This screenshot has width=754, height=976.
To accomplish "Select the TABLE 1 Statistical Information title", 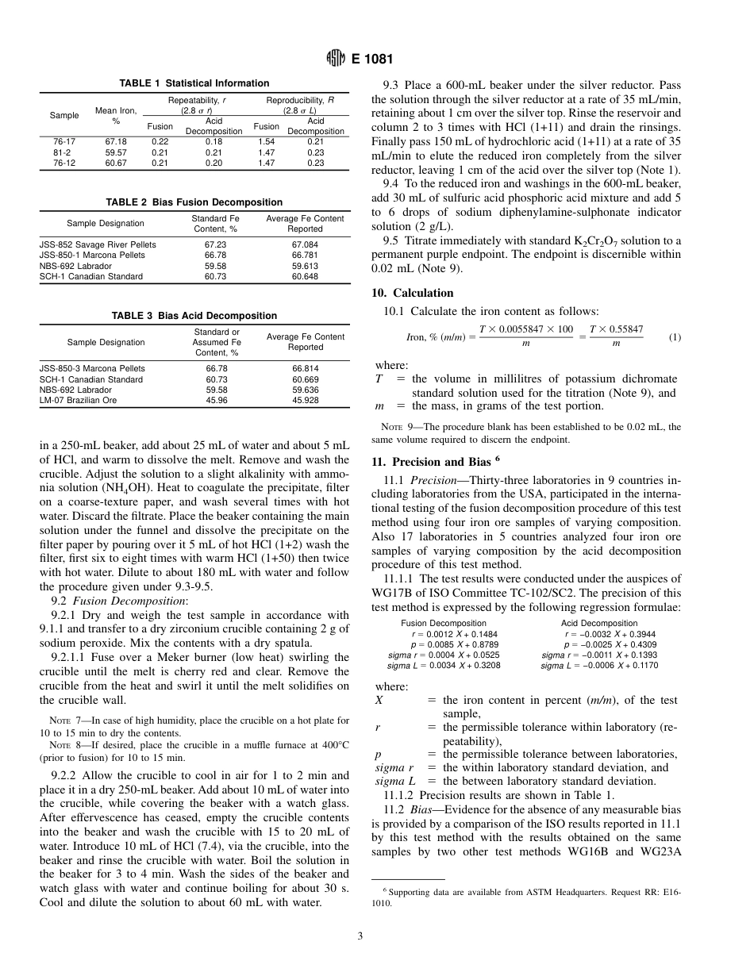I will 194,83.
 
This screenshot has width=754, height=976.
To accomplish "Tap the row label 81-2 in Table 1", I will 63,152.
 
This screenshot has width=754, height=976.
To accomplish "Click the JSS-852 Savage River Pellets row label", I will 98,245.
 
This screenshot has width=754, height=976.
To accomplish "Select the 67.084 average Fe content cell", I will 306,245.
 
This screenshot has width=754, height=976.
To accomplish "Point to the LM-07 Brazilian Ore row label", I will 78,401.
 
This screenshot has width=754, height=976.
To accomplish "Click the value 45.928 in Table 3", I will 306,401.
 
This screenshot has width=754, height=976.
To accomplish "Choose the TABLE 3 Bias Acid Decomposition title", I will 194,316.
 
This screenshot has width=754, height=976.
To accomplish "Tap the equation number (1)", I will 674,337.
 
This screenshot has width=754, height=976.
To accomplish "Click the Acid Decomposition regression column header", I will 599,624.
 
